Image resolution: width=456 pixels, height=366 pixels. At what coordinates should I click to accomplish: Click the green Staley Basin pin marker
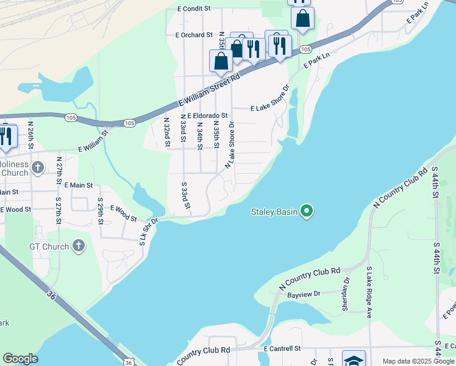point(307,212)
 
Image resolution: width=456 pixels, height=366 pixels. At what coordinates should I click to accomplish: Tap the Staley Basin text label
point(274,212)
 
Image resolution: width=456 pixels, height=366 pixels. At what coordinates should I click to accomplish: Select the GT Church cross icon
point(78,246)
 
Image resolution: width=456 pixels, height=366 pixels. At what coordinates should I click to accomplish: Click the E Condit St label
point(194,9)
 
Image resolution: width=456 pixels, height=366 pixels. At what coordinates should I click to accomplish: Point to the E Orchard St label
point(194,35)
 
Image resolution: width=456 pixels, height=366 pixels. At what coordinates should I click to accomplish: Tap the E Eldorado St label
point(207,115)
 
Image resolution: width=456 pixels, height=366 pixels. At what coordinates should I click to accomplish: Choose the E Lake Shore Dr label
point(269,108)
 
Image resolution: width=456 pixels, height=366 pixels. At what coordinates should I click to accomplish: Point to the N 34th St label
point(199,136)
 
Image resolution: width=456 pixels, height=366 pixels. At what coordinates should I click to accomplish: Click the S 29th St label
point(101,210)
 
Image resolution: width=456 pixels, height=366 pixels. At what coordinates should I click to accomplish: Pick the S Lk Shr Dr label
point(149,231)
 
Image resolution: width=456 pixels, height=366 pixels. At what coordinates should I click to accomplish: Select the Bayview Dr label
point(304,295)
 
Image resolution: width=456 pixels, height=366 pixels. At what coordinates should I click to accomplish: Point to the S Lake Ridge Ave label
point(369,293)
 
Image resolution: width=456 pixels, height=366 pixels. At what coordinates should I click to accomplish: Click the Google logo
point(20,359)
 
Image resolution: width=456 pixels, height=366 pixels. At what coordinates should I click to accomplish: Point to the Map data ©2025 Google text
point(418,361)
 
